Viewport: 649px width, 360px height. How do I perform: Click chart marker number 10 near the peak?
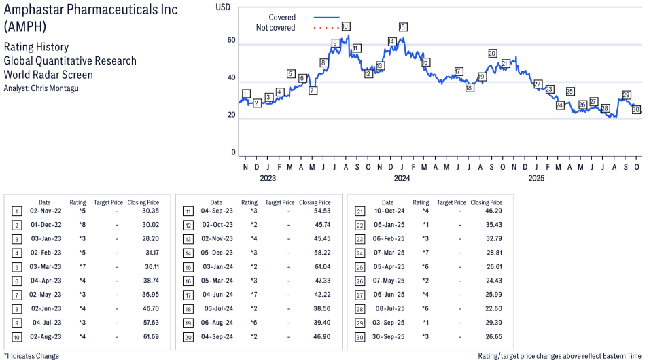pyautogui.click(x=345, y=26)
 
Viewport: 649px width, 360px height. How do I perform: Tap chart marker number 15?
pyautogui.click(x=402, y=26)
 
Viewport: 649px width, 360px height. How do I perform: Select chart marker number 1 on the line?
pyautogui.click(x=245, y=94)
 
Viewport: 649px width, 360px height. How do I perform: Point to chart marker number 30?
pyautogui.click(x=636, y=109)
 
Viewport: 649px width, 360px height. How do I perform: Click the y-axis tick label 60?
pyautogui.click(x=231, y=41)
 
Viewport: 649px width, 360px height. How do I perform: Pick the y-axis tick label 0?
pyautogui.click(x=233, y=152)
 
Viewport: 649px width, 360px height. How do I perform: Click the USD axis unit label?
pyautogui.click(x=223, y=7)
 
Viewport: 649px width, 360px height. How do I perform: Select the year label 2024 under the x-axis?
pyautogui.click(x=402, y=179)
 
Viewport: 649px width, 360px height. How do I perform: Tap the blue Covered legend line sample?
pyautogui.click(x=326, y=17)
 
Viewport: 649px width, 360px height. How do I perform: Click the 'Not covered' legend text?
pyautogui.click(x=275, y=28)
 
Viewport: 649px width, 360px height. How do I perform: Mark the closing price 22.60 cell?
pyautogui.click(x=492, y=308)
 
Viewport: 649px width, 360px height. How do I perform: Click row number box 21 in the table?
pyautogui.click(x=359, y=211)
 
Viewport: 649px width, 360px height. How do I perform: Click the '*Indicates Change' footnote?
pyautogui.click(x=31, y=355)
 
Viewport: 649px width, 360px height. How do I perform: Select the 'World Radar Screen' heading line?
pyautogui.click(x=48, y=75)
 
